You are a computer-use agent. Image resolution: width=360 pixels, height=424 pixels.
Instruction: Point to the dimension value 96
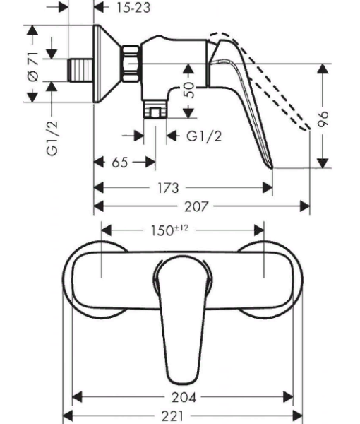(324, 118)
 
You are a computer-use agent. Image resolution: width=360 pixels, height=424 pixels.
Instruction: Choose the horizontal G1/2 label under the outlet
(204, 136)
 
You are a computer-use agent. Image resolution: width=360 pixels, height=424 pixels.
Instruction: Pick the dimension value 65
(120, 163)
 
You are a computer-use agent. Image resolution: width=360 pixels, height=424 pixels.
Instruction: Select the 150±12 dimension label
(172, 230)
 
